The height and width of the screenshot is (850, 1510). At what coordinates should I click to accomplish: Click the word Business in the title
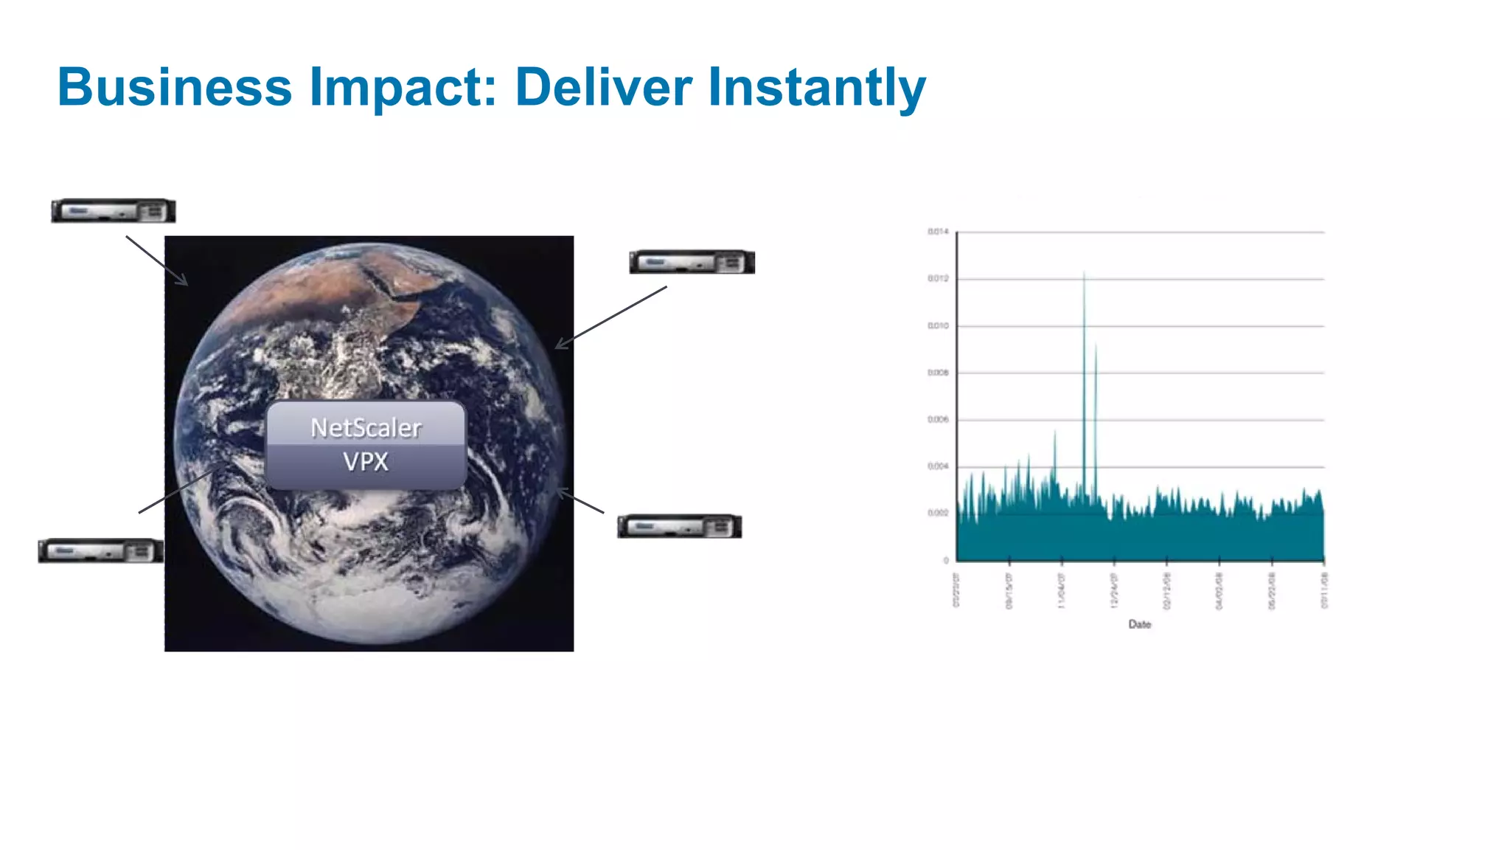point(175,87)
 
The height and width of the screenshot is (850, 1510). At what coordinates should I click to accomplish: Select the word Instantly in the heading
point(816,87)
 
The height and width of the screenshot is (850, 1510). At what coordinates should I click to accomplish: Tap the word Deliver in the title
point(603,87)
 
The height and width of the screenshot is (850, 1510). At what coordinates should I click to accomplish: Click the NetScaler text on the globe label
point(366,428)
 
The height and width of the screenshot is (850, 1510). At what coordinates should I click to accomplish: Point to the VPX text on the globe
point(365,462)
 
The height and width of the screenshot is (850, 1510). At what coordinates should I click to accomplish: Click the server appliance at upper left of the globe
point(114,211)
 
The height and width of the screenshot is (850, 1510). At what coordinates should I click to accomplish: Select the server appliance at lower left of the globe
point(101,551)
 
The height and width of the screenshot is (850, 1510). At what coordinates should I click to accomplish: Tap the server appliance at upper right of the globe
point(692,262)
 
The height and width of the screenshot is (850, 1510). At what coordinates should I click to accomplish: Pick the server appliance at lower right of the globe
point(679,526)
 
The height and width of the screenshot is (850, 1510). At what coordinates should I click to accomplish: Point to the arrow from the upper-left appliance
point(156,260)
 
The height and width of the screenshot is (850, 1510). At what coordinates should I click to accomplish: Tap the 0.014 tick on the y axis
point(938,232)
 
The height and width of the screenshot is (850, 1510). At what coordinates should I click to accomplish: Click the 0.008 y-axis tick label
point(938,373)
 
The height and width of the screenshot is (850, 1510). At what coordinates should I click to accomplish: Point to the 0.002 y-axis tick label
point(938,513)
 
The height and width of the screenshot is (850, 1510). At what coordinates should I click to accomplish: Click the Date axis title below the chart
point(1139,624)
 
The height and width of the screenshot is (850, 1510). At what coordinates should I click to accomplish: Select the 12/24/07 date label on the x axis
point(1114,591)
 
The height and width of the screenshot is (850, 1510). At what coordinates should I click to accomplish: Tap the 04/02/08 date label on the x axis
point(1219,591)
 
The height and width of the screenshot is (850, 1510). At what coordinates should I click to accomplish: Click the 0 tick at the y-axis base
point(946,561)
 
